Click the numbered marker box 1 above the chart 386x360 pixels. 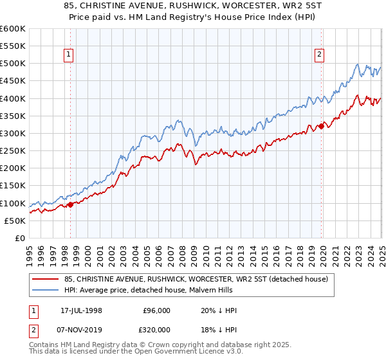pos(69,55)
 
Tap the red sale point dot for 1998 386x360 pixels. pos(70,204)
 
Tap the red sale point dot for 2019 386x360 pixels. pos(321,127)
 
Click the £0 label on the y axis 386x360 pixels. pos(19,238)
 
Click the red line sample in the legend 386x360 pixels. pos(46,279)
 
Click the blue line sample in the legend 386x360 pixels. pos(46,291)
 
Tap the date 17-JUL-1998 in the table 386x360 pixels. pos(86,310)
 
